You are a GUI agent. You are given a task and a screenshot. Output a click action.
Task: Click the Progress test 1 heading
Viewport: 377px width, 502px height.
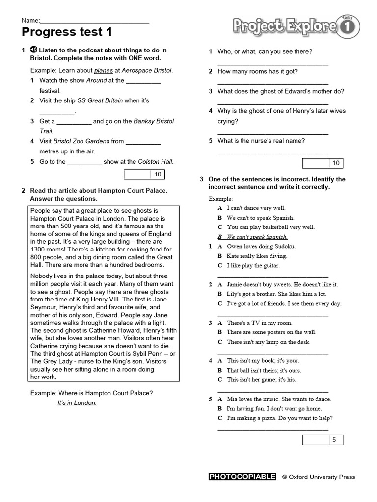[x=67, y=33]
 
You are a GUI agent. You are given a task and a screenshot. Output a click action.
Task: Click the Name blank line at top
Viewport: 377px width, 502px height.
[x=94, y=21]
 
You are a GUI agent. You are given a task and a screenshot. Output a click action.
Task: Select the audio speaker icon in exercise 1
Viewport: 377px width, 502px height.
[x=34, y=50]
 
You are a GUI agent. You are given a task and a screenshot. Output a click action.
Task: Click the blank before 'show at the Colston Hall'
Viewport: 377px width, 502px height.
[x=84, y=162]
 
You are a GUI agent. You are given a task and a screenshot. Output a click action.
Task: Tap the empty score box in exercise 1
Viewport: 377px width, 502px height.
[x=137, y=174]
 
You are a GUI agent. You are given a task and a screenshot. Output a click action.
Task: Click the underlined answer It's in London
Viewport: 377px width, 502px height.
[x=77, y=403]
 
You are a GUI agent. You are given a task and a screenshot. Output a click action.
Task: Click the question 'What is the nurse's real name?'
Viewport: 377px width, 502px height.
[x=261, y=141]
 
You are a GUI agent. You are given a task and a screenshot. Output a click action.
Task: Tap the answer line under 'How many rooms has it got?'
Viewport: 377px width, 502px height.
[x=272, y=84]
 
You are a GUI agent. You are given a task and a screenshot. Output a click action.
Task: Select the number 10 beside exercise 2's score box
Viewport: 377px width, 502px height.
[x=336, y=163]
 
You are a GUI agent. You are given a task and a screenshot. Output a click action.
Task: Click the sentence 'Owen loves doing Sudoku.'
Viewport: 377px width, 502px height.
[x=261, y=246]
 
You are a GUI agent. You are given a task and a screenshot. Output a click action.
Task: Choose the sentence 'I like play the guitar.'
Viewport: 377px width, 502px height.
[x=253, y=265]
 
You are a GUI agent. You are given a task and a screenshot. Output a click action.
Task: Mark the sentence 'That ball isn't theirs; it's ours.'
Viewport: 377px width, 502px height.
[x=264, y=370]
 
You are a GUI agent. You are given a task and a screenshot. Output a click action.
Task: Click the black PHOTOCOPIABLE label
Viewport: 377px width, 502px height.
[x=242, y=477]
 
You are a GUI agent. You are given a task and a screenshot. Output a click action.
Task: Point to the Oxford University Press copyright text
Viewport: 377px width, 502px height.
[x=319, y=477]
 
